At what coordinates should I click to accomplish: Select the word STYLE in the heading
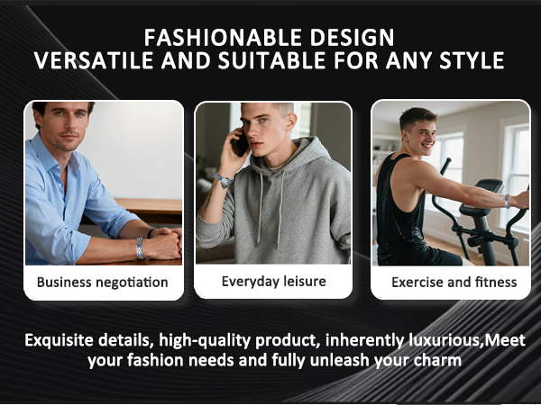[471, 61]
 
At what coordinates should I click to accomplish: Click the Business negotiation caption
[102, 282]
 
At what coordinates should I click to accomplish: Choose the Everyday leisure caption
[274, 282]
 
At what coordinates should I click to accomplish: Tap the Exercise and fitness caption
[454, 282]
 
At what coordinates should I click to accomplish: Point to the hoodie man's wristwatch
[223, 180]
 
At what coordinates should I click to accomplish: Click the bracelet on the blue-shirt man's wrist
[139, 247]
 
